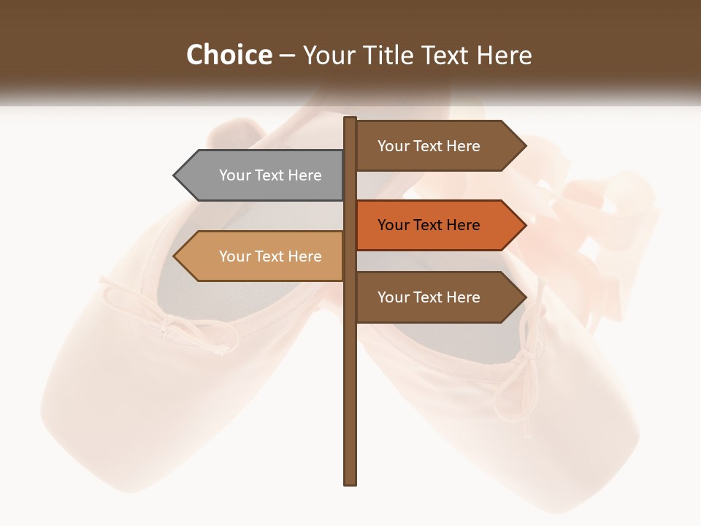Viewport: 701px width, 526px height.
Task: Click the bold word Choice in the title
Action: click(229, 55)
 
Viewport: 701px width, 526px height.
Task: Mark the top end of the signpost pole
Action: click(350, 119)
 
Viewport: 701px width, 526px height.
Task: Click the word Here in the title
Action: click(504, 55)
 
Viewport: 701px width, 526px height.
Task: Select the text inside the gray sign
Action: click(270, 175)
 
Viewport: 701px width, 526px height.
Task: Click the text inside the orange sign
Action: click(429, 225)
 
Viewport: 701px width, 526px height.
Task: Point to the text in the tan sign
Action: click(270, 256)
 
